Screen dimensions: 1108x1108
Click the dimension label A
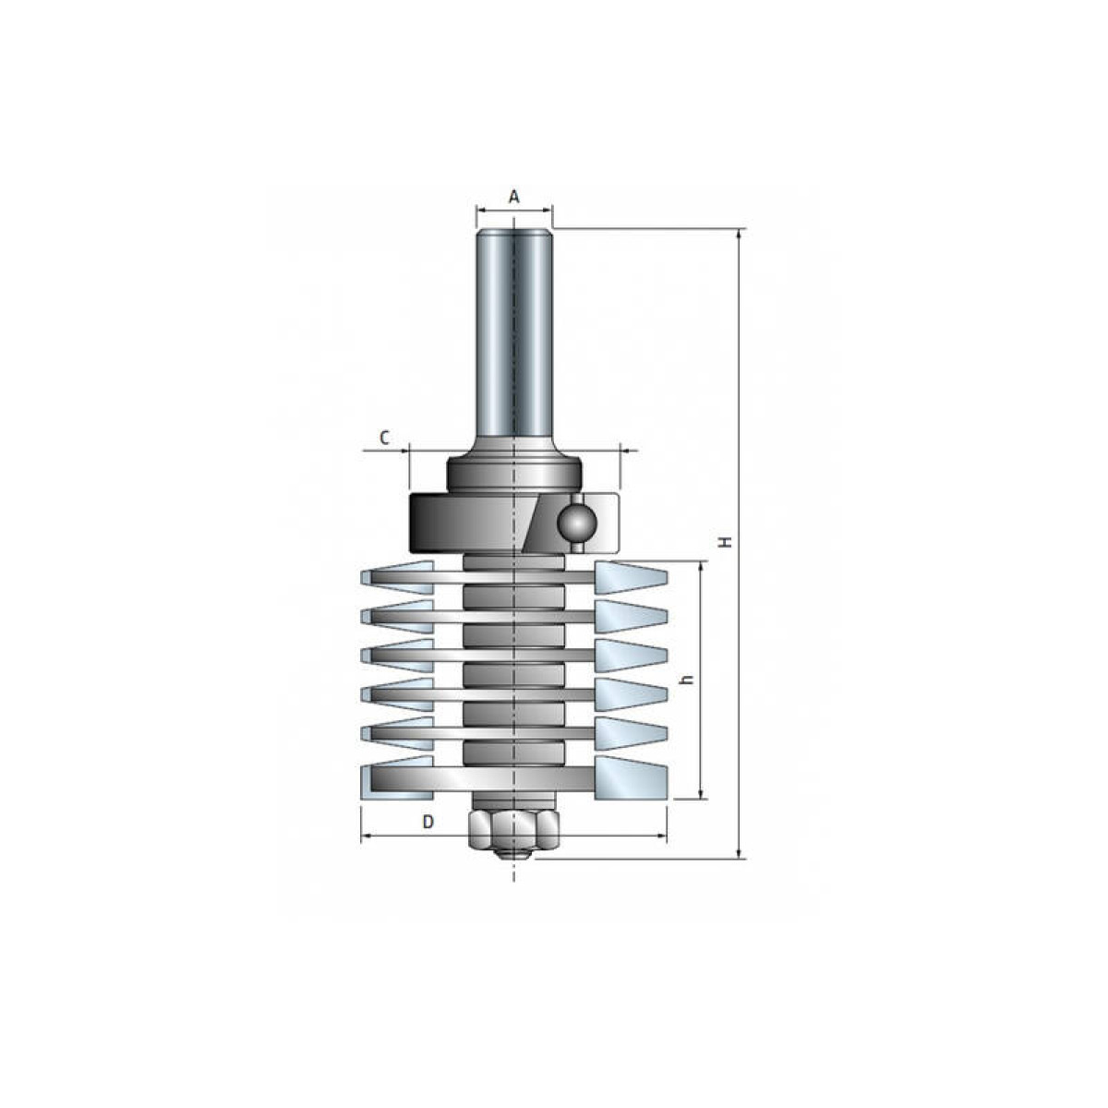tap(514, 197)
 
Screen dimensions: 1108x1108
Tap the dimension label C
tap(385, 439)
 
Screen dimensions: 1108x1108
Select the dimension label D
tap(428, 823)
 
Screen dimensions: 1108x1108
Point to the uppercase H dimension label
tap(728, 542)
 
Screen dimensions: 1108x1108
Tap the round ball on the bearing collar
tap(577, 522)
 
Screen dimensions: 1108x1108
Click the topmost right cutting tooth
tap(631, 578)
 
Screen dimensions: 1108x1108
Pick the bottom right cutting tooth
tap(631, 778)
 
